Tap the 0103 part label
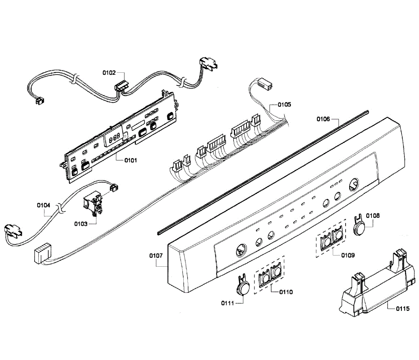coord(81,224)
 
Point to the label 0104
coord(43,205)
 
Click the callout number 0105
coord(284,105)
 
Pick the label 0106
coord(323,119)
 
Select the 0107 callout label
coord(156,255)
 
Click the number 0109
coord(348,255)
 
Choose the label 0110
coord(286,292)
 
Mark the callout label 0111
coord(227,303)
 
